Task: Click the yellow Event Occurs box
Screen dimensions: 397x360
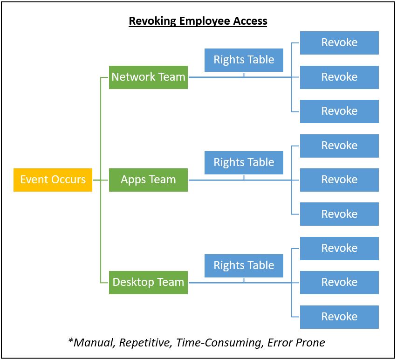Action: click(53, 180)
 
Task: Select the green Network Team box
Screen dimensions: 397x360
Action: click(148, 77)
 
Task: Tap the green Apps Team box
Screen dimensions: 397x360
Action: click(148, 180)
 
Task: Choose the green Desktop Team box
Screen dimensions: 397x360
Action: click(148, 283)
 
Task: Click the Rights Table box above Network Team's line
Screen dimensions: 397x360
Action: click(244, 60)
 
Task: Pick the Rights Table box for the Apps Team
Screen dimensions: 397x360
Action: click(244, 163)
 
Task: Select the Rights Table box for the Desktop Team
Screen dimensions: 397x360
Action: click(244, 265)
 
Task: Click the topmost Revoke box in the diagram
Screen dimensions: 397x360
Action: click(339, 43)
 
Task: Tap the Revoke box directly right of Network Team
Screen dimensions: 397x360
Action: click(339, 77)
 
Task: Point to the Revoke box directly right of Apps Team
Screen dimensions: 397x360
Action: click(339, 180)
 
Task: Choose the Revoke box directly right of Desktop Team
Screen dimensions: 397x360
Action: click(339, 283)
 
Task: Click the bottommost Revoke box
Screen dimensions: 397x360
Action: click(339, 317)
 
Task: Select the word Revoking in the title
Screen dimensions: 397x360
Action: click(152, 21)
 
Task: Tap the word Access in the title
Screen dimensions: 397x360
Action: click(250, 21)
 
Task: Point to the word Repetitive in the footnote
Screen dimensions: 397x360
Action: click(144, 343)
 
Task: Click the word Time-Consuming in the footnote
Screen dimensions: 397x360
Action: click(219, 343)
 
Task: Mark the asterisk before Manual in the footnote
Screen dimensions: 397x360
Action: click(71, 341)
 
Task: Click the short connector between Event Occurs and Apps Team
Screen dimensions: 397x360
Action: click(101, 180)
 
